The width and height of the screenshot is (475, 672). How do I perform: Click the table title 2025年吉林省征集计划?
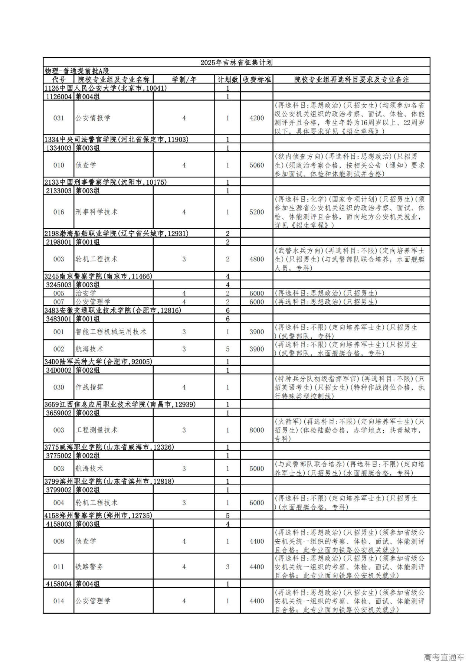click(236, 62)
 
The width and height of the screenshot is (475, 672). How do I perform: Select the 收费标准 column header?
click(256, 79)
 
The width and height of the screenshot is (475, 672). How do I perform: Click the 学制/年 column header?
click(184, 79)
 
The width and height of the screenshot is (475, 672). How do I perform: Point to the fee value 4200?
click(256, 118)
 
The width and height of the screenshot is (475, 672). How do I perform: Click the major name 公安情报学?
click(93, 118)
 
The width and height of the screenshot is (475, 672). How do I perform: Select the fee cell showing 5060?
click(256, 165)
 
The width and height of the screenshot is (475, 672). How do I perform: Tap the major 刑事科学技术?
click(96, 212)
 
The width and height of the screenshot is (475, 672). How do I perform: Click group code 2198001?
click(59, 242)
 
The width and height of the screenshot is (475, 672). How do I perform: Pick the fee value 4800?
click(256, 259)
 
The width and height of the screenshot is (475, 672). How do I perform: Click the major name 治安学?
click(86, 293)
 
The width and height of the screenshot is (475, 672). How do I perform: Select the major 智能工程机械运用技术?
click(111, 332)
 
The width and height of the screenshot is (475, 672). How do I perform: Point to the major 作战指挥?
click(89, 387)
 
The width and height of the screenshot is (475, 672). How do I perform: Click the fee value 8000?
click(256, 430)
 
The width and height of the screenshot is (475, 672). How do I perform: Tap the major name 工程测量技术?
click(96, 430)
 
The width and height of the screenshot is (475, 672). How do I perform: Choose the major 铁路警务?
click(89, 567)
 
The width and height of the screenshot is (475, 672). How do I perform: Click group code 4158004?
click(59, 584)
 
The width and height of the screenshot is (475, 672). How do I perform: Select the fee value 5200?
click(256, 212)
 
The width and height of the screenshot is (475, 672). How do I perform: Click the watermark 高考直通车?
click(444, 658)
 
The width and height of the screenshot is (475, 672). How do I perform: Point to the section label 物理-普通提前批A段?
click(77, 71)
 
